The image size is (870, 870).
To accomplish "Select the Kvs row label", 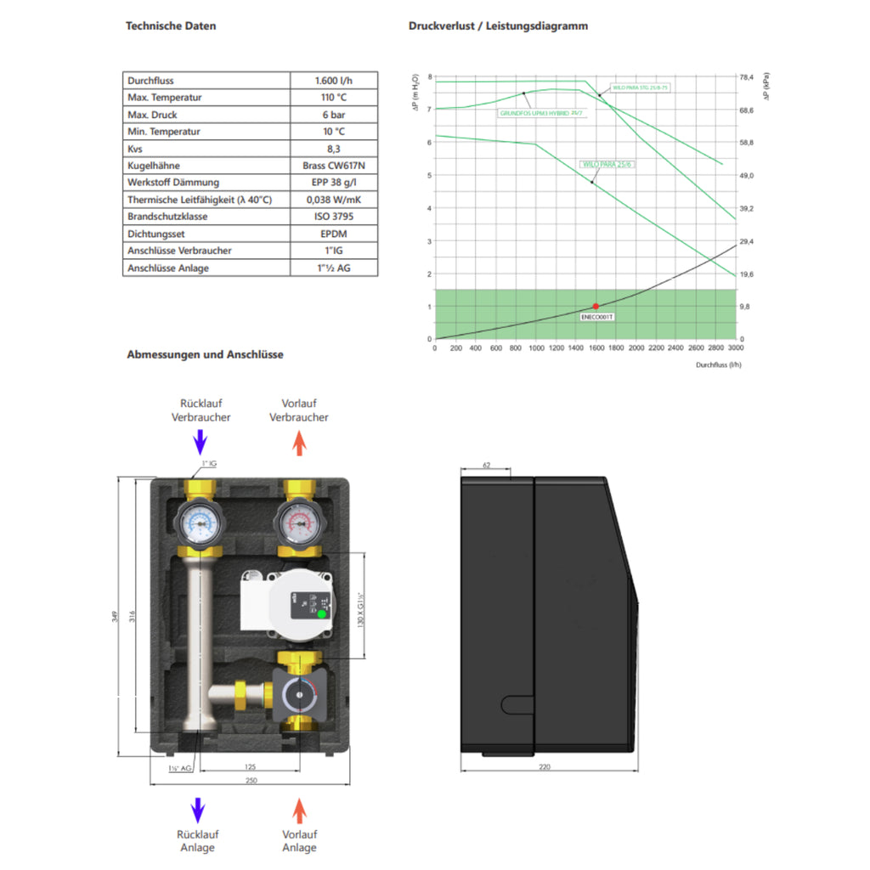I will point(135,149).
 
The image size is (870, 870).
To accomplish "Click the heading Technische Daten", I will point(171,25).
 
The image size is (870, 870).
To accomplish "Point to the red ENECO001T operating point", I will point(596,306).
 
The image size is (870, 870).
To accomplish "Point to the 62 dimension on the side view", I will point(486,466).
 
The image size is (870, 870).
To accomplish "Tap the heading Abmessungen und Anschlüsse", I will point(205,354).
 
